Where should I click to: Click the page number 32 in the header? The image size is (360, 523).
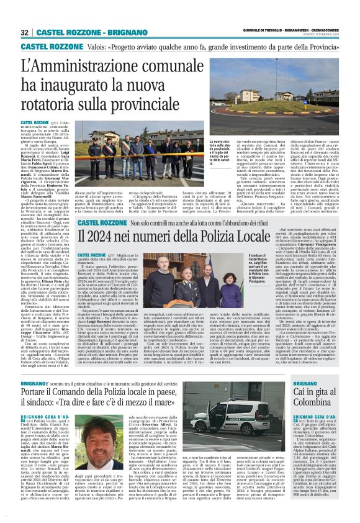pos(25,32)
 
